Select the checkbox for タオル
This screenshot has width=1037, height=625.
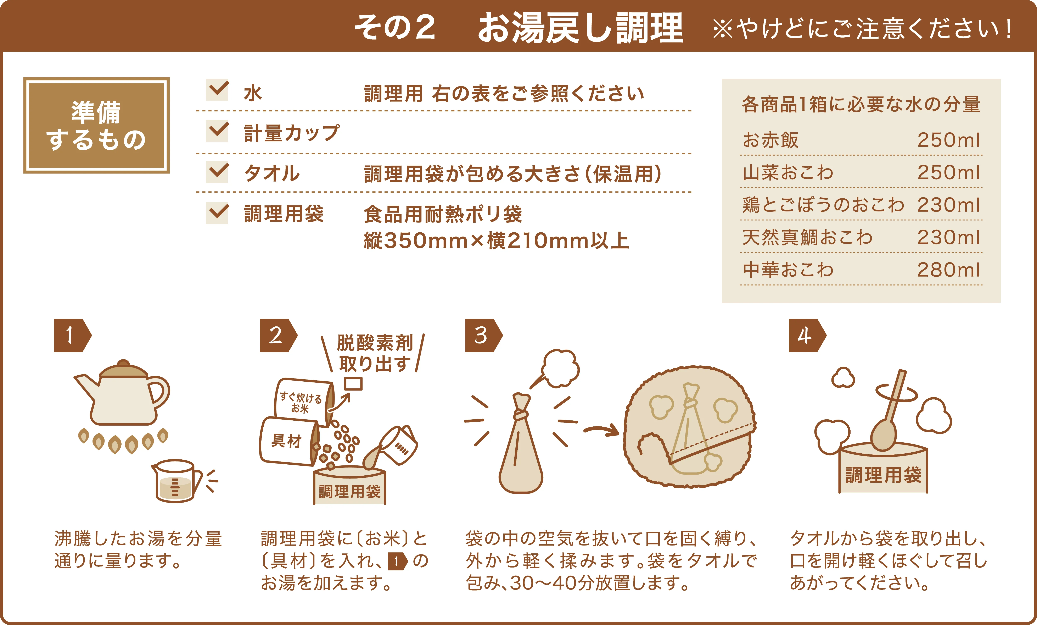(217, 172)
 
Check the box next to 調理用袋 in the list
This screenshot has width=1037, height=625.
(217, 213)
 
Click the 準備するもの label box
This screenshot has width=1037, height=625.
(96, 125)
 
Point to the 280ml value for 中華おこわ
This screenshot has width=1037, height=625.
(949, 270)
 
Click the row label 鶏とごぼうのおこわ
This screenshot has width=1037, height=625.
(823, 205)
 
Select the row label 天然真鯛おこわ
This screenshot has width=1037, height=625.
(807, 238)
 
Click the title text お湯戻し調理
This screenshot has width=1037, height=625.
(580, 27)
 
